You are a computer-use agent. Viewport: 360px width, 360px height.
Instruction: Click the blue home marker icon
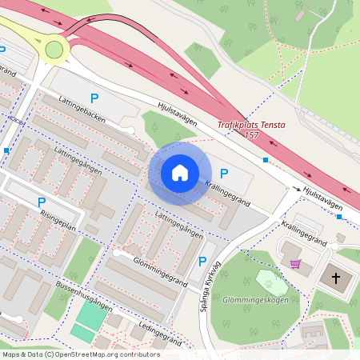pos(180,172)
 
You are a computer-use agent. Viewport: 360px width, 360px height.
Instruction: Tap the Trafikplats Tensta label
pos(251,125)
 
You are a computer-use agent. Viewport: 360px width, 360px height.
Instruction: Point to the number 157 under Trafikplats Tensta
pos(252,135)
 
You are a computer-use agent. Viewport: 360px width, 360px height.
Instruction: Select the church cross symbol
pos(336,278)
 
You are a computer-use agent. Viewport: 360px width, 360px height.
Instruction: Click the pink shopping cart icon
pos(296,263)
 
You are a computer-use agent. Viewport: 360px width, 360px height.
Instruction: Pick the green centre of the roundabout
pos(54,50)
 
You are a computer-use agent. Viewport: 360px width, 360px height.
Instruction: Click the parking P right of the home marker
pos(224,173)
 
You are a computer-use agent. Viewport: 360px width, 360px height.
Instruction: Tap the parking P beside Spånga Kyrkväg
pos(202,262)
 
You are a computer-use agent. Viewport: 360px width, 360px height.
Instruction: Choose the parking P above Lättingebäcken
pos(94,98)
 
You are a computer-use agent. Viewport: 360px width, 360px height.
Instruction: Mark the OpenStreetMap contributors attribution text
pos(80,354)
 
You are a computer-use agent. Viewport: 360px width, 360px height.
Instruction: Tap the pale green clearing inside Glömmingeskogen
pos(270,282)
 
